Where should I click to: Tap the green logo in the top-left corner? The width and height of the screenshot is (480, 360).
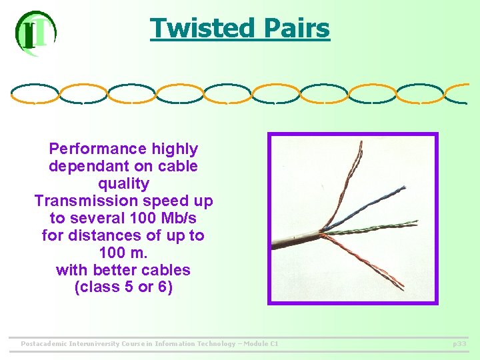(35, 33)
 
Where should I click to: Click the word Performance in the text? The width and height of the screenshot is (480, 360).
(97, 149)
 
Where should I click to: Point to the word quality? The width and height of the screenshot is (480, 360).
(123, 183)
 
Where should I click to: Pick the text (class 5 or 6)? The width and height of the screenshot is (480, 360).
(123, 287)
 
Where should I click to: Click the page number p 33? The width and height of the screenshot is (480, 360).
(459, 343)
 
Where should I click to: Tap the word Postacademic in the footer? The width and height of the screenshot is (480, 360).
(49, 343)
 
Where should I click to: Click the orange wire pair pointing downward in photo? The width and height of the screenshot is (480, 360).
(373, 263)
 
